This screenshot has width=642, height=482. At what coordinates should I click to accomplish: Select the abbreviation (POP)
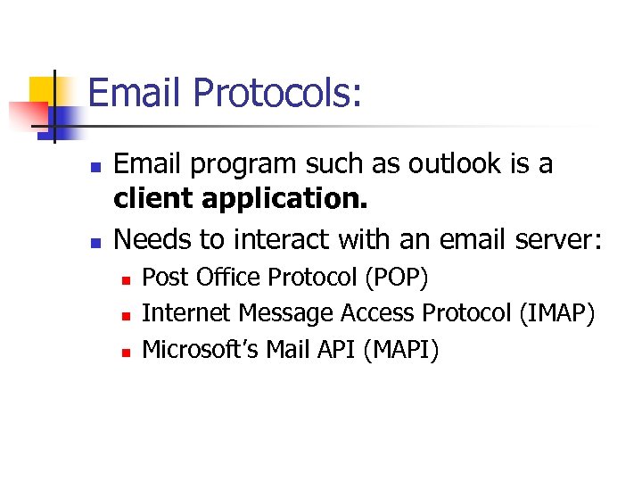pyautogui.click(x=396, y=278)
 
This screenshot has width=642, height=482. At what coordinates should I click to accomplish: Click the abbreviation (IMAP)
pyautogui.click(x=556, y=313)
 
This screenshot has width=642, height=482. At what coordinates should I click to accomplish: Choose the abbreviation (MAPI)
pyautogui.click(x=401, y=349)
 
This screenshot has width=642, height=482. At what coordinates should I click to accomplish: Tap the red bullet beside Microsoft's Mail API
pyautogui.click(x=126, y=352)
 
